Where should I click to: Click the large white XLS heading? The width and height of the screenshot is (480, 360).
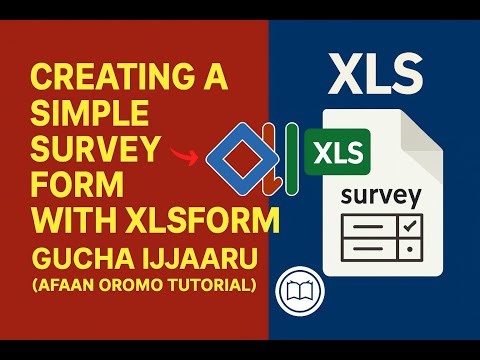coord(374,72)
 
